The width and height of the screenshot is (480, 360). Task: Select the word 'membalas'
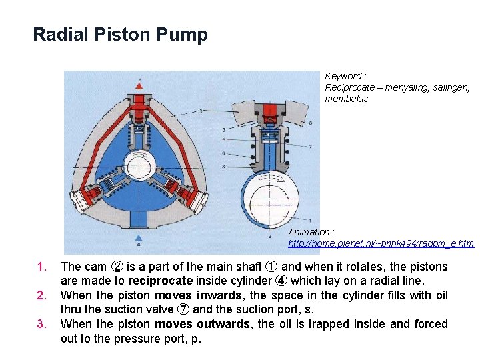click(x=346, y=99)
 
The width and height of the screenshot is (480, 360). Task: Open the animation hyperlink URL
click(x=381, y=243)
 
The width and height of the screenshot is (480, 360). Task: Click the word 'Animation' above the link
click(x=309, y=232)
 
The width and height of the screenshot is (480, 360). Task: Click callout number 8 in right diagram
click(x=311, y=123)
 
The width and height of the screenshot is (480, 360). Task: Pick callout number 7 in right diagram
click(x=311, y=146)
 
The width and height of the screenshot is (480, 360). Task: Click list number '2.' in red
click(x=41, y=295)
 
